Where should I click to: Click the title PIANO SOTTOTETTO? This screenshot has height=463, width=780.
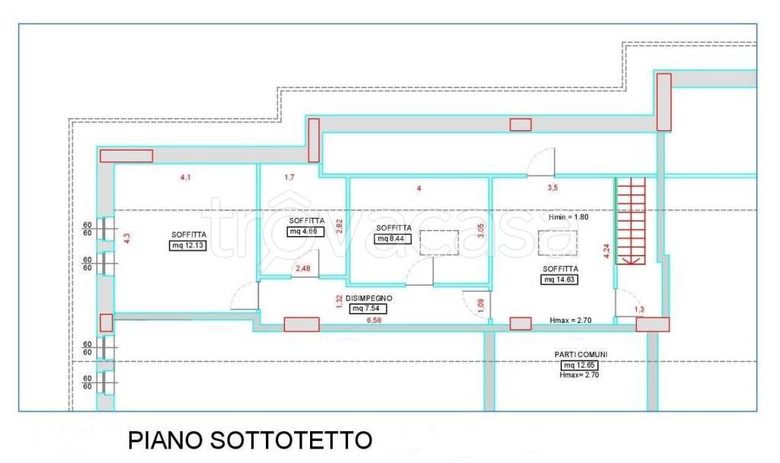(250, 440)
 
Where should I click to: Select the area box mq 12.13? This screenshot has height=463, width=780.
(187, 245)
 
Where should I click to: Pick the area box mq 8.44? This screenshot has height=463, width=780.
(394, 238)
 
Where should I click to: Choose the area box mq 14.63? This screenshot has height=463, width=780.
(560, 279)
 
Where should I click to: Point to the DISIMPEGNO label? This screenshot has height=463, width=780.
(369, 298)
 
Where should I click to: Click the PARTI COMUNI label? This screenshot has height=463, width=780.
(580, 354)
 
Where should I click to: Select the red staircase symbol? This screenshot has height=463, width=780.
(631, 220)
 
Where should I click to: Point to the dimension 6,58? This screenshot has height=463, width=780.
(374, 321)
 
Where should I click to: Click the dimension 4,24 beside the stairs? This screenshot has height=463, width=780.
(606, 251)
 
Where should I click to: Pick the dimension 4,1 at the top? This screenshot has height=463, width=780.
(185, 177)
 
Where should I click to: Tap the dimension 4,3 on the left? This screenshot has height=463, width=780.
(127, 238)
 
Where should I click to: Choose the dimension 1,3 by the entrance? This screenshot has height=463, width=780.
(638, 309)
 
